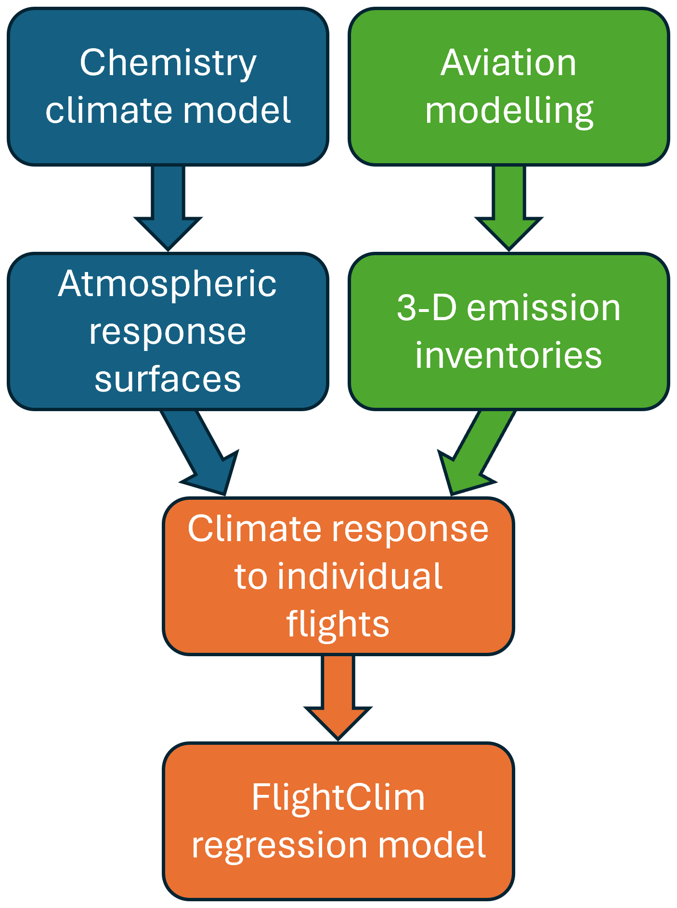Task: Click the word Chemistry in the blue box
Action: point(168,63)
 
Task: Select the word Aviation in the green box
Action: point(508,63)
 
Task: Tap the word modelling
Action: point(509,111)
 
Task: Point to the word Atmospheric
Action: point(167,284)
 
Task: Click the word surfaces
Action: point(168,379)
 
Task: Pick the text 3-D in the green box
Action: point(427,308)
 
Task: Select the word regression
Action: point(281,846)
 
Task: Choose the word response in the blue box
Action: point(168,332)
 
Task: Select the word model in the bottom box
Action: point(431,845)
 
